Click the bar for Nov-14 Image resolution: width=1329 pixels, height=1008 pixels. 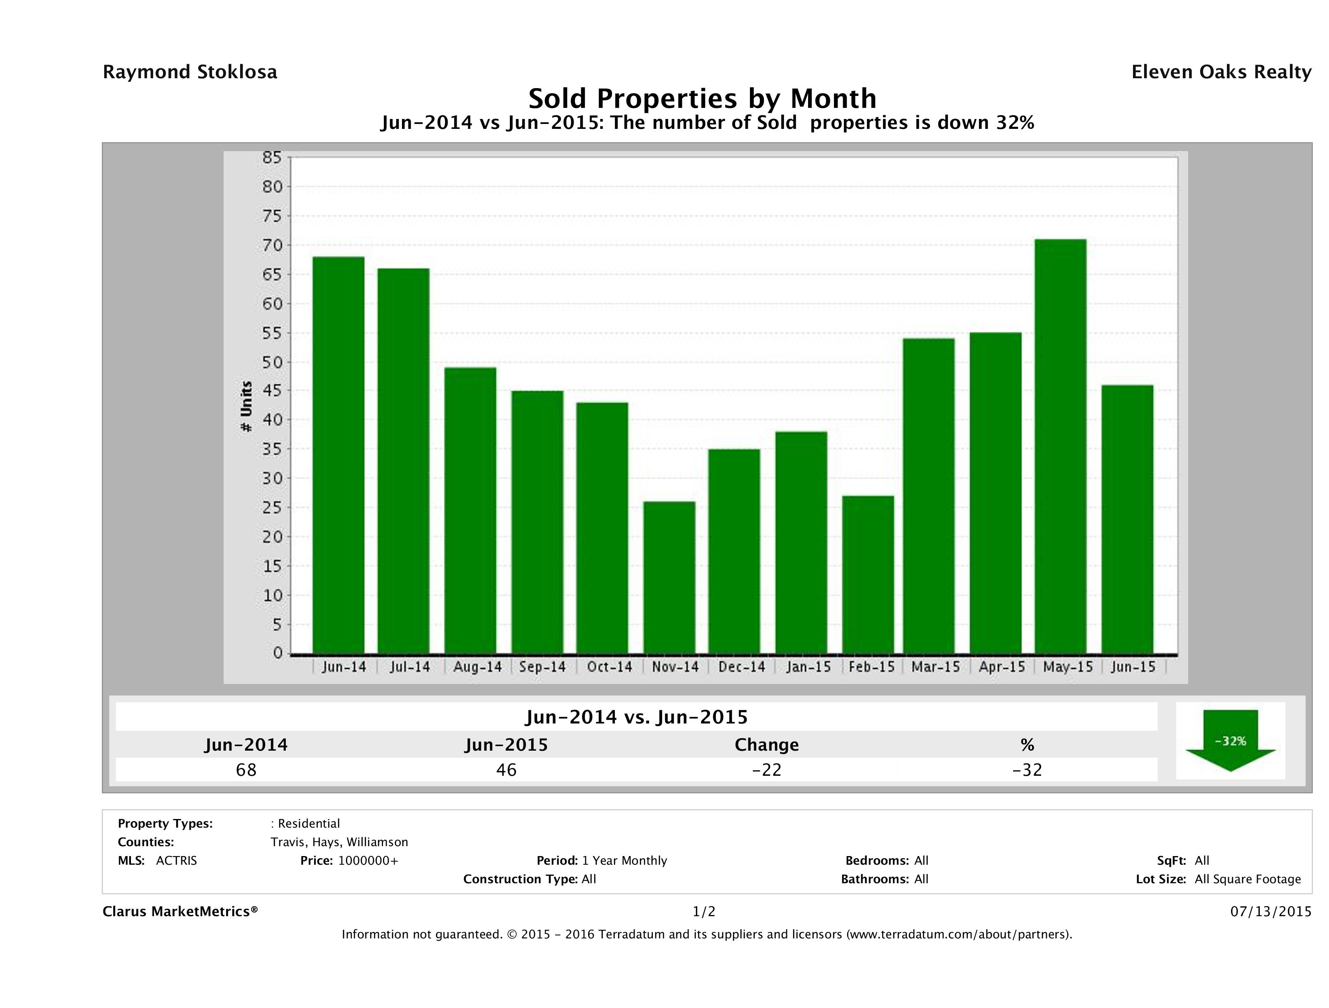669,577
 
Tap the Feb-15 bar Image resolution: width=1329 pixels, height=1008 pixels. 868,574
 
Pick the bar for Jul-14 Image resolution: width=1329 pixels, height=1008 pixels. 403,461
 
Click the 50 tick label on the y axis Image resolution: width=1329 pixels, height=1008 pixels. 272,362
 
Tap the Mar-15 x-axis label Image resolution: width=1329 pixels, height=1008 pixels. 935,667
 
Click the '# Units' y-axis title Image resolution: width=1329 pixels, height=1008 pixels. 246,407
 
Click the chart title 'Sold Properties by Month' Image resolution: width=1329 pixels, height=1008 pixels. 702,98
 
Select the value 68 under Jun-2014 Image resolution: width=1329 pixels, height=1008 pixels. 246,770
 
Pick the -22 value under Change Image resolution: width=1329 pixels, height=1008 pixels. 767,770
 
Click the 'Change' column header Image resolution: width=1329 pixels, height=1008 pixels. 767,745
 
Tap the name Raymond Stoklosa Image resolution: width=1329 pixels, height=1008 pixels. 190,72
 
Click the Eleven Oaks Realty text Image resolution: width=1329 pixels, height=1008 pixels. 1221,72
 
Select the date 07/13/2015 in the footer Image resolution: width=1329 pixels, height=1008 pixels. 1271,912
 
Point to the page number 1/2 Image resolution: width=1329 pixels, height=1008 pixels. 703,912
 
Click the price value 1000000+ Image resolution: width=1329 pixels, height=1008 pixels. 368,861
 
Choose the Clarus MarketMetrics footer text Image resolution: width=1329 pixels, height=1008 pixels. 180,912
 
